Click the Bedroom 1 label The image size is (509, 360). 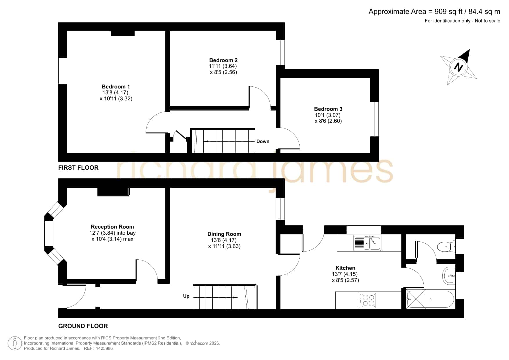[116, 86]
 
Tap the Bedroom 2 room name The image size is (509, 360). [223, 60]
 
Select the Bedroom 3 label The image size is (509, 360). [328, 109]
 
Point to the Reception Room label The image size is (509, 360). [112, 227]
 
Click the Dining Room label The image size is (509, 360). [224, 234]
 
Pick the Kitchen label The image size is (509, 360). [345, 268]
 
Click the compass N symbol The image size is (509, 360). [458, 67]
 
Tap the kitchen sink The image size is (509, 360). [367, 243]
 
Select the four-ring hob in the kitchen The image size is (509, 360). [367, 300]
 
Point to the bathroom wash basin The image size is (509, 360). [449, 276]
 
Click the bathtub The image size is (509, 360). [430, 299]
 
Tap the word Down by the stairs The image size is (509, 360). [263, 141]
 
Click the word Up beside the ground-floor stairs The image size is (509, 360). [186, 296]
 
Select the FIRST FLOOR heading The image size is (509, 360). [78, 167]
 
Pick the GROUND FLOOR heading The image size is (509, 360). [83, 326]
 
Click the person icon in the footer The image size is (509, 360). [15, 343]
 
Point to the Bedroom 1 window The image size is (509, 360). [63, 71]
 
